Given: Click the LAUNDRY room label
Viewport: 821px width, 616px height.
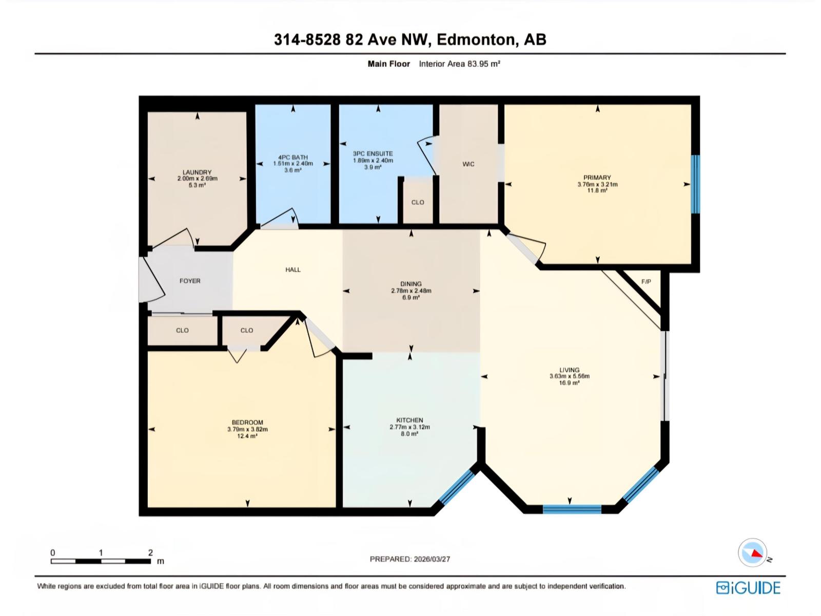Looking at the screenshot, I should coord(197,172).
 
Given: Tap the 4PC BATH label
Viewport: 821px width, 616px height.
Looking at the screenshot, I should coord(293,158).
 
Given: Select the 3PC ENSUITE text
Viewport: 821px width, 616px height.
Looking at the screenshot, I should coord(373,153).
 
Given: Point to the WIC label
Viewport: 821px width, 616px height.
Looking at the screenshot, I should coord(468,164).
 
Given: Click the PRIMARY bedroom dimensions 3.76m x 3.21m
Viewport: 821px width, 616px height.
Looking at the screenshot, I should coord(597,184).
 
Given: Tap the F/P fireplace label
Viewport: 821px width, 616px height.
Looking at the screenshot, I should coord(646,282).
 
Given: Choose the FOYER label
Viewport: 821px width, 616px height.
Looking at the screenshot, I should coord(190,281).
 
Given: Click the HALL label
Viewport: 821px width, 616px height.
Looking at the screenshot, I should coord(293,269).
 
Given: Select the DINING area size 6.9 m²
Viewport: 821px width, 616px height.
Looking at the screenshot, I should coord(411,297).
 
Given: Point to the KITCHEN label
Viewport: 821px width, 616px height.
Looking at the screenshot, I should coord(409,420).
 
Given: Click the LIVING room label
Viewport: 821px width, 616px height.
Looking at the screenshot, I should coord(569,370).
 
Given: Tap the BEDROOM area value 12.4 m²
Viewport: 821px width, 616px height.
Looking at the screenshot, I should coord(247,436).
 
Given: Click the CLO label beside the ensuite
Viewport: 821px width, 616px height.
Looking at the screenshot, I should coord(418,202).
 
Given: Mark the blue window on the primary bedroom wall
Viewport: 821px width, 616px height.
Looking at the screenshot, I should coord(695,184).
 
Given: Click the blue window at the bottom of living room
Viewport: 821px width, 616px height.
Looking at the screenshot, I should coord(572,509).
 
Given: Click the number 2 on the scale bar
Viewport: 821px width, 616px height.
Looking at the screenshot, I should coord(150,553).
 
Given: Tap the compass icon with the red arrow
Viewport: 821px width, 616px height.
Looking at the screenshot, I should coord(752,553).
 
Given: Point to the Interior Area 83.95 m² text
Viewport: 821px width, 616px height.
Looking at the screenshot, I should coord(459,64).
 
